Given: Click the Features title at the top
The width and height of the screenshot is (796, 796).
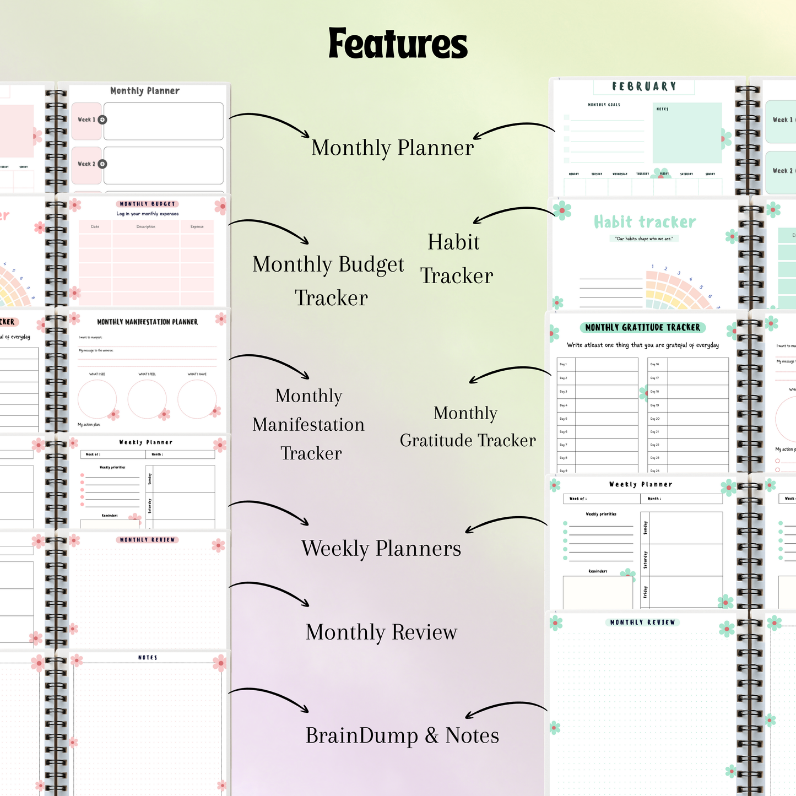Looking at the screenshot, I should tap(398, 44).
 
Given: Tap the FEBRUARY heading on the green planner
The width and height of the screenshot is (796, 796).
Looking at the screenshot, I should tap(643, 86).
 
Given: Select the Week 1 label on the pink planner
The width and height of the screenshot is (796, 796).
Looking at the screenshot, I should tap(86, 120).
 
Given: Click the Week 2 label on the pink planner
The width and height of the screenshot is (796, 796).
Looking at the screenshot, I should tap(86, 164).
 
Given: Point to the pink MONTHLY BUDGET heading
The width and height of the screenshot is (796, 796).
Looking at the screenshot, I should tap(147, 204).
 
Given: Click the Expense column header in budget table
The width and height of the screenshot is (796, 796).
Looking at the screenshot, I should tap(197, 226).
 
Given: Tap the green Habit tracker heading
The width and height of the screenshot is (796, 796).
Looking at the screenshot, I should tap(645, 222).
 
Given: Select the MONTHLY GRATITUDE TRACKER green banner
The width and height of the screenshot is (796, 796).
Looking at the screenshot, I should tap(642, 327).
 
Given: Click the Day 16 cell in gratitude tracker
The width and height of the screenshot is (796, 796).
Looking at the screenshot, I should tap(656, 364).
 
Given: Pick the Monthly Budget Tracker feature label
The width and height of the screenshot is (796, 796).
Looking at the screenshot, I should tap(329, 280).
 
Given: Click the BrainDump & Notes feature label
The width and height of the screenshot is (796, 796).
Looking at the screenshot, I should tap(402, 735).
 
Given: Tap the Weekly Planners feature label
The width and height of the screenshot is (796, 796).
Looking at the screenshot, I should tap(381, 548).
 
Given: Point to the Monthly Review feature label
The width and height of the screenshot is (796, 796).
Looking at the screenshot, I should tap(381, 632).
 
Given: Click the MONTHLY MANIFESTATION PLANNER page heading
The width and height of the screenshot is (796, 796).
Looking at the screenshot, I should tap(147, 322).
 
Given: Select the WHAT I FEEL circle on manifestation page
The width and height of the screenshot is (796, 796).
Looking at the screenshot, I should tap(147, 398).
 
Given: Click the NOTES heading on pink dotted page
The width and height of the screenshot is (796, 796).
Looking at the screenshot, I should tap(148, 658).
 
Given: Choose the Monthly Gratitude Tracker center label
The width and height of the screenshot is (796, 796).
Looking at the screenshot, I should tap(467, 426).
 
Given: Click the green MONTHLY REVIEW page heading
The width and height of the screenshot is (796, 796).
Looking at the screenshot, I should tap(642, 622).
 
